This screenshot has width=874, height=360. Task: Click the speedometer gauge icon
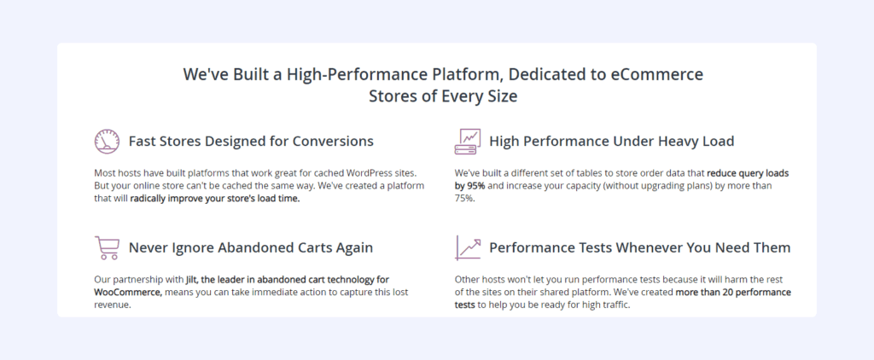pos(107,142)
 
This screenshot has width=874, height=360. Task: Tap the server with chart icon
pos(467,142)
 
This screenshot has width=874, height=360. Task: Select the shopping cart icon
pos(107,248)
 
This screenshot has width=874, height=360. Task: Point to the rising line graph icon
pos(468,248)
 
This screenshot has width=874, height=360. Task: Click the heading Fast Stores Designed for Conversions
pos(251,142)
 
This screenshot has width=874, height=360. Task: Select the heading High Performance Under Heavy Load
pos(611,142)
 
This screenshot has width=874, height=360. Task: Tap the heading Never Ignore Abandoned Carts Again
pos(251,247)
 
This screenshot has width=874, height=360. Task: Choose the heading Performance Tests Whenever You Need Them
pos(640,247)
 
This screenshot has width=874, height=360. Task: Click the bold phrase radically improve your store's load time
pos(215,200)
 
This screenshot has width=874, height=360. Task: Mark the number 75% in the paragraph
pos(465,200)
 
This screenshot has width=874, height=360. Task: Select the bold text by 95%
pos(470,186)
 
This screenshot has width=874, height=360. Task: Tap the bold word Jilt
pos(192,279)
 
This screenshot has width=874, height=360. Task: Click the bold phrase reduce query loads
pos(748,173)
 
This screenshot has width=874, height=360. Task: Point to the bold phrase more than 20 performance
pos(733,293)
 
